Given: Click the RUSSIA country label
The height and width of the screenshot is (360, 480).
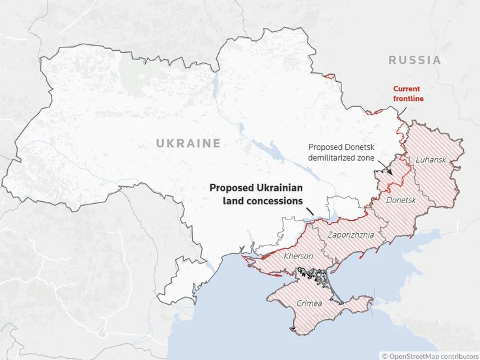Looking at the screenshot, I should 414,61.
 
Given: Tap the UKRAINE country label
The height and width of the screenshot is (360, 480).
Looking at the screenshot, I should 188,143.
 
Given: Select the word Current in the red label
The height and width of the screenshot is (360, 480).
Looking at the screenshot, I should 406,89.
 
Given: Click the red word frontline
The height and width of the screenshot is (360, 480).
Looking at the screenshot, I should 408,98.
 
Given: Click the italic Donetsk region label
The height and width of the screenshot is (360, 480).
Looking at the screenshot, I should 401,200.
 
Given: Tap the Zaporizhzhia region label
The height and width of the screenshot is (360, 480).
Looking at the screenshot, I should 351,234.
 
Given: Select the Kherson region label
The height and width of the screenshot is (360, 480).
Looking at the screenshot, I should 298,256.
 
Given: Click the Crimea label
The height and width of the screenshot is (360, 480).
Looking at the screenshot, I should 309,303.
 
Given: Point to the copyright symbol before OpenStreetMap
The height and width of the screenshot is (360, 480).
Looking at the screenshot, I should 384,355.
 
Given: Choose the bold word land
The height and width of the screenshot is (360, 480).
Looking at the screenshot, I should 233,201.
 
